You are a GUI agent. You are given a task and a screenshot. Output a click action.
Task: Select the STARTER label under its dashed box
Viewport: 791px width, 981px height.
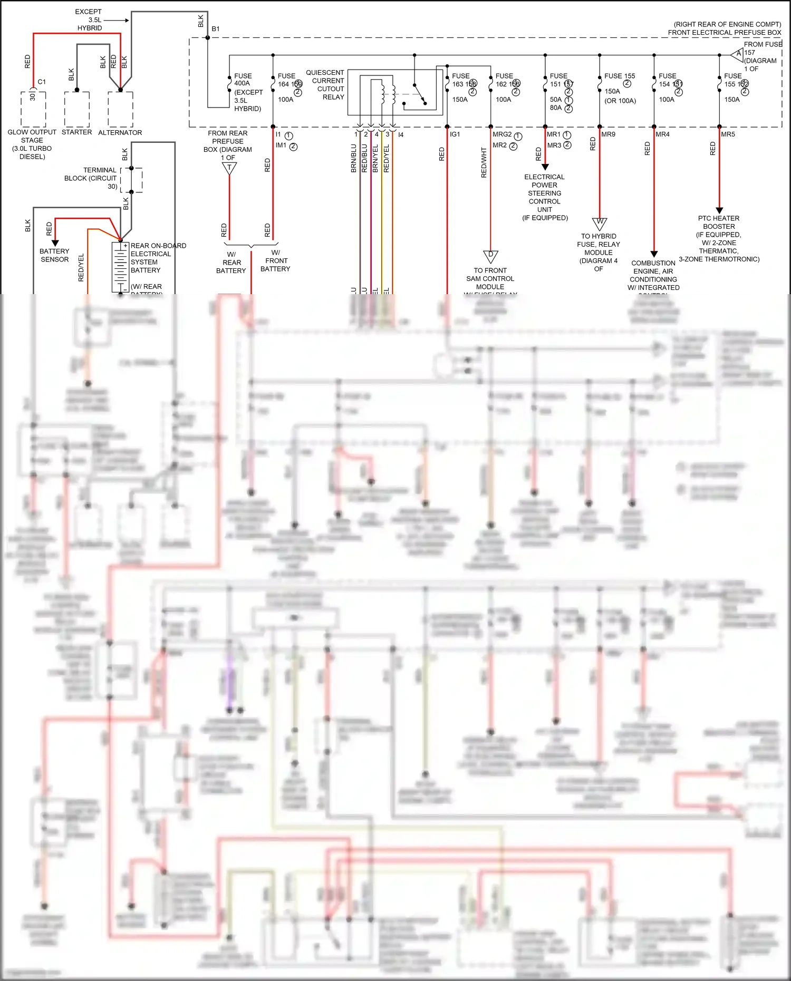(76, 132)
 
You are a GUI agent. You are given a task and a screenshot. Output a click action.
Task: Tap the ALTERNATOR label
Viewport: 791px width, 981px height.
(120, 133)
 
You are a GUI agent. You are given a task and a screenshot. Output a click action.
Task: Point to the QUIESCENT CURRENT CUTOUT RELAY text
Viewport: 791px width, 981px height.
(325, 85)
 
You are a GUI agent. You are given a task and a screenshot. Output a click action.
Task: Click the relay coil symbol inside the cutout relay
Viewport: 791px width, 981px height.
(381, 92)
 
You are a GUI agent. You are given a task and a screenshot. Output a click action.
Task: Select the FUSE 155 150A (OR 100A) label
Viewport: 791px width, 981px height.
(620, 88)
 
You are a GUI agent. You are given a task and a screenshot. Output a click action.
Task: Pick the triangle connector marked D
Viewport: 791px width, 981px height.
(490, 256)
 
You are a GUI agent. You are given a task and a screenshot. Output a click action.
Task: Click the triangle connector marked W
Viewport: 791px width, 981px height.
(600, 223)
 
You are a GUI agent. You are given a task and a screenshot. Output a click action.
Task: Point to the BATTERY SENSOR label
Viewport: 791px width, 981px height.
(54, 255)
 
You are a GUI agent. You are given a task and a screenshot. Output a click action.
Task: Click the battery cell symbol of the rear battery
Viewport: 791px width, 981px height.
(121, 267)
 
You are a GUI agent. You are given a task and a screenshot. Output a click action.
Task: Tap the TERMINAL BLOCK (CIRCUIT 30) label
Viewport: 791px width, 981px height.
(91, 178)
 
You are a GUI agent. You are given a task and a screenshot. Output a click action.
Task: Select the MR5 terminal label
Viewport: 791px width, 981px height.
(728, 134)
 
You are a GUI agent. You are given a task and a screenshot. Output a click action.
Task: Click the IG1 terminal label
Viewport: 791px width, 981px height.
(455, 134)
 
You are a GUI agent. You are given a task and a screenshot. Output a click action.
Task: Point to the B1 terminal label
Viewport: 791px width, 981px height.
(216, 29)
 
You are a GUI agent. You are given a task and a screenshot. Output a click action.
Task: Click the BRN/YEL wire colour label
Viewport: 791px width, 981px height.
(375, 158)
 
